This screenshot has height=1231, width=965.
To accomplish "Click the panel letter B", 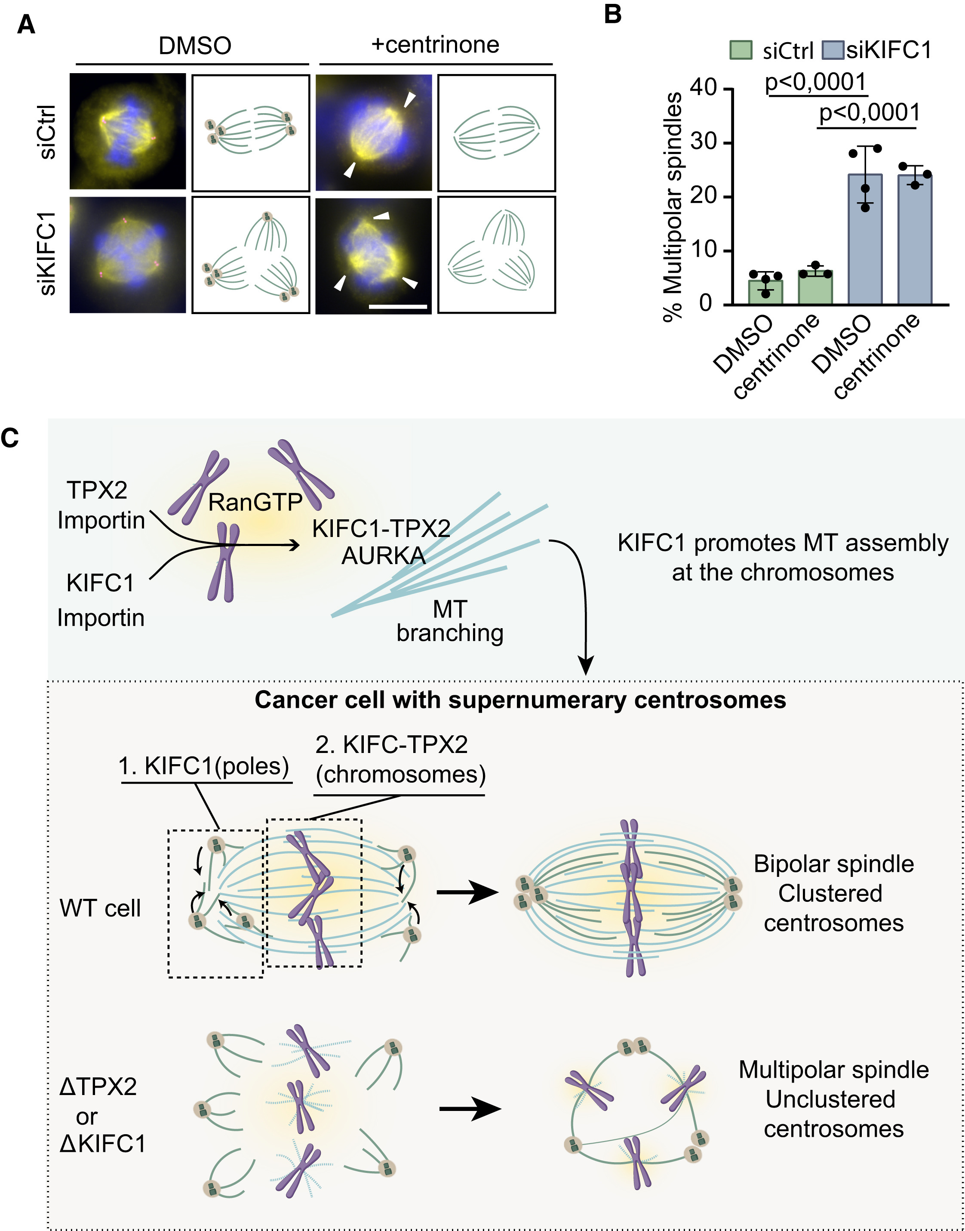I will [613, 14].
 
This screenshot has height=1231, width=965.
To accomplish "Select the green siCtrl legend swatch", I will [740, 50].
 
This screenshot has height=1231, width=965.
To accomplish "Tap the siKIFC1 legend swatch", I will [833, 50].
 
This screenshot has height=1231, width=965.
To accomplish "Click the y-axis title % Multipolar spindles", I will [673, 206].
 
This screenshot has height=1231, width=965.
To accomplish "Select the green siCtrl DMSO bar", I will [765, 292].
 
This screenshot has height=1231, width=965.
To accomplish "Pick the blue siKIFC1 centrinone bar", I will [915, 240].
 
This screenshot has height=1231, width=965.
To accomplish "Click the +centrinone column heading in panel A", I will [435, 45].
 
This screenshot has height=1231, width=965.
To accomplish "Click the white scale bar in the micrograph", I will [398, 307].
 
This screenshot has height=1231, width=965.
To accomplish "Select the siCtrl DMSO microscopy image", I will [128, 131].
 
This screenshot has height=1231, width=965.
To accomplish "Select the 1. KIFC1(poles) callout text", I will [203, 766].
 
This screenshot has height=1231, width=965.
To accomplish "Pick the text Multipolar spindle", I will [833, 1070].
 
